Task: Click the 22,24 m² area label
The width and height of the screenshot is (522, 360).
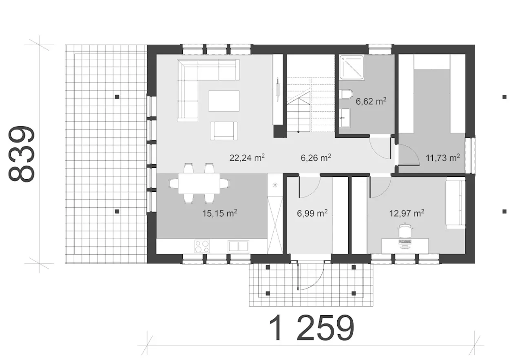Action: tap(247, 158)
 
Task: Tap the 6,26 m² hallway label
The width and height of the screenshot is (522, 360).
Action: tap(316, 158)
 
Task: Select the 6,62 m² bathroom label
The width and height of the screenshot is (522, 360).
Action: tap(371, 101)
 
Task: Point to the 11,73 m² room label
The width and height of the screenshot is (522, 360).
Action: tap(443, 158)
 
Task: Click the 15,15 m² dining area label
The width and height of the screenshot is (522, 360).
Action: tap(220, 213)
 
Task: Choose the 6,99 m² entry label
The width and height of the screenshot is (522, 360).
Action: tap(312, 213)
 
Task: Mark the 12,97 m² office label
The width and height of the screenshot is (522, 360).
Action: tap(407, 213)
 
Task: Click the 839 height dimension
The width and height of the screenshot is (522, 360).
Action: tap(22, 154)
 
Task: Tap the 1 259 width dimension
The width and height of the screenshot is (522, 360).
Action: tap(312, 328)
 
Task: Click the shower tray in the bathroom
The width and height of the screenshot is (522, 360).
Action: tap(352, 67)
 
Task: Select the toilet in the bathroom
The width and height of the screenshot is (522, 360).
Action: tap(347, 94)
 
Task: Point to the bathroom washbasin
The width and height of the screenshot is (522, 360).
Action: tap(345, 118)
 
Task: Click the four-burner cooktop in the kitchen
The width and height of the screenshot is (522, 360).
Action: tap(202, 246)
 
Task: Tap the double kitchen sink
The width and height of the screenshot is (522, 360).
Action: tap(238, 246)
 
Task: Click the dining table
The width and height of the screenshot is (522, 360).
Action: tap(199, 183)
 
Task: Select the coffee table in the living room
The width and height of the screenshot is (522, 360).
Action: tap(224, 101)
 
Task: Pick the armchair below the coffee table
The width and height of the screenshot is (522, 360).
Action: tap(224, 131)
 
